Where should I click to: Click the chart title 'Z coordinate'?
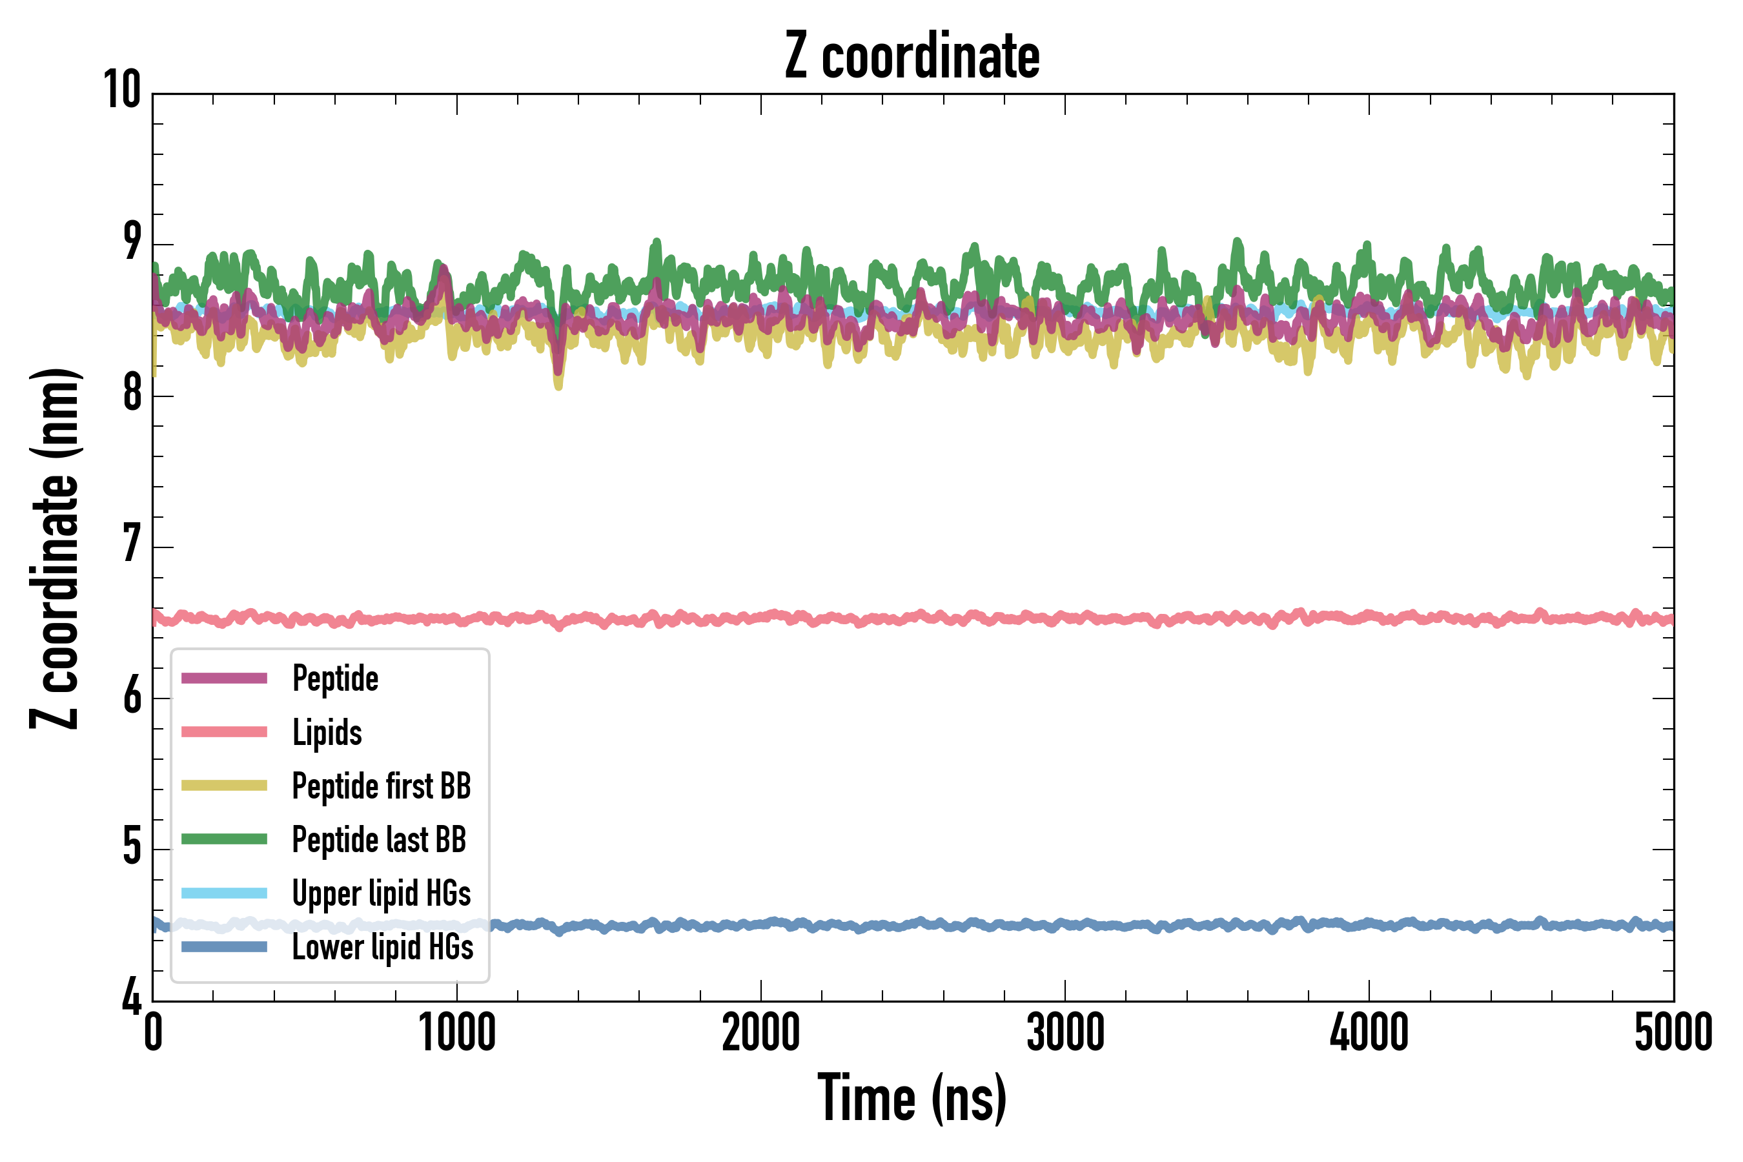click(912, 56)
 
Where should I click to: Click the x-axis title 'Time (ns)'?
click(912, 1099)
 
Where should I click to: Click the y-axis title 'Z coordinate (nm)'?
click(55, 548)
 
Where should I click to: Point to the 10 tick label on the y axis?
click(122, 90)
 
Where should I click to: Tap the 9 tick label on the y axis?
click(132, 241)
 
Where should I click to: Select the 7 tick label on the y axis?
click(132, 544)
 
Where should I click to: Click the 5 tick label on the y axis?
click(132, 846)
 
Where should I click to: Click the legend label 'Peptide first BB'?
click(381, 786)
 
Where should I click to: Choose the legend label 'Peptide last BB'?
click(379, 840)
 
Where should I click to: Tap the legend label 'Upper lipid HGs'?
click(381, 893)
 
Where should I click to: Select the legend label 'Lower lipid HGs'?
click(382, 947)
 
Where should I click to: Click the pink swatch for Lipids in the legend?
click(224, 732)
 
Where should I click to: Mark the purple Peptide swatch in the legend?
click(224, 678)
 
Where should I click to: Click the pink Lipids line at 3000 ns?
click(1065, 617)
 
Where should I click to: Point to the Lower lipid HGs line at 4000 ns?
click(1369, 924)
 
